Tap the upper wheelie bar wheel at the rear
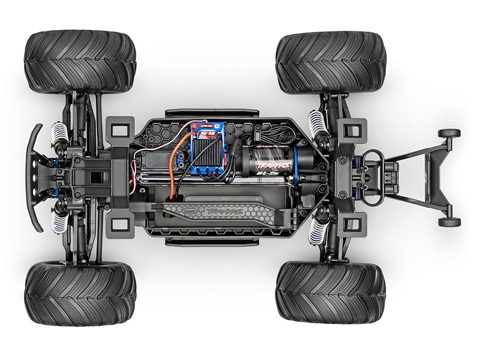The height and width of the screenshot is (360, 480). [x=449, y=134]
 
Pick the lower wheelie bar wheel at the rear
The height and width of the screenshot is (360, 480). [x=449, y=222]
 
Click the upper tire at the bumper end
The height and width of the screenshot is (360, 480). [x=80, y=63]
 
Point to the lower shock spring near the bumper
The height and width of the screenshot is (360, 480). [x=61, y=222]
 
